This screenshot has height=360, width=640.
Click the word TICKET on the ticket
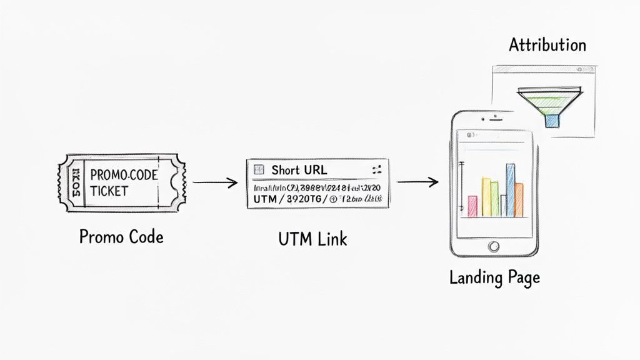[109, 190]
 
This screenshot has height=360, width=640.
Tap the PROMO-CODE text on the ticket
[124, 175]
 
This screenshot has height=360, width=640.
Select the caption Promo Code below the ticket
[121, 236]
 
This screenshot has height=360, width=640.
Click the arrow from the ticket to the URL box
[215, 183]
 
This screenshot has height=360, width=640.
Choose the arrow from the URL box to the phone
[417, 182]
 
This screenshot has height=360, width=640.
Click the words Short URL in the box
[299, 170]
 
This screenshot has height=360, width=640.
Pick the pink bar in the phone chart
[472, 206]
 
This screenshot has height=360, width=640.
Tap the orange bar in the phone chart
[519, 199]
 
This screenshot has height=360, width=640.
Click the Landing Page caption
[494, 277]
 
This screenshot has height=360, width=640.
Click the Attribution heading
[547, 45]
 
